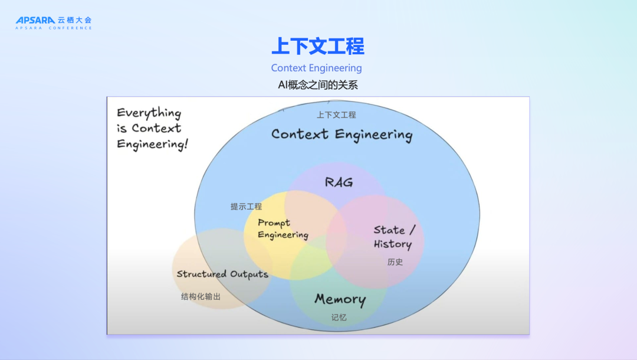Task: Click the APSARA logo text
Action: coord(35,20)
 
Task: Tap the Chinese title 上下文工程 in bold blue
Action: coord(318,46)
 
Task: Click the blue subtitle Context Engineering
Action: coord(317,68)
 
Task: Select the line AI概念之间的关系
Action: coord(318,85)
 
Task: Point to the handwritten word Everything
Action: coord(149,113)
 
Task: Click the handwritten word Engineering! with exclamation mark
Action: coord(152,144)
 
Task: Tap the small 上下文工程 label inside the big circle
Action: coord(336,115)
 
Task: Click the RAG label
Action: coord(339,182)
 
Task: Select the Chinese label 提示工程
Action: coord(246,207)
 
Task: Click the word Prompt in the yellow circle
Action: coord(274,223)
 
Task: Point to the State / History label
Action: coord(394,237)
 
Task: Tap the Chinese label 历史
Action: coord(395,262)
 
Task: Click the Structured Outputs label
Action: coord(222,274)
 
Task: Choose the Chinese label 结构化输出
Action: coord(201,297)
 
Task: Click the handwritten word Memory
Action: coord(340,299)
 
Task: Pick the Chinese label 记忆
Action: coord(339,318)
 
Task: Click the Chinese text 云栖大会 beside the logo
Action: coord(75,20)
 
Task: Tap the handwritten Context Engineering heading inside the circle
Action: coord(342,135)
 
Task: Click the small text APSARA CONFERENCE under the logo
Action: coord(54,28)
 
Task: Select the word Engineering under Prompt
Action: coord(283,235)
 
